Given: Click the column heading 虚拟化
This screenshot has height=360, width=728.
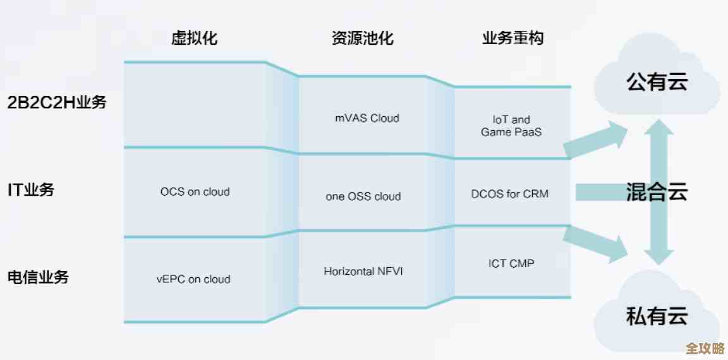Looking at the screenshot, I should pyautogui.click(x=195, y=38).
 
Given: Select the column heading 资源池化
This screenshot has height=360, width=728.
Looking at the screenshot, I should pyautogui.click(x=362, y=38).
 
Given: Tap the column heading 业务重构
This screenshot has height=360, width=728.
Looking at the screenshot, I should pyautogui.click(x=513, y=38).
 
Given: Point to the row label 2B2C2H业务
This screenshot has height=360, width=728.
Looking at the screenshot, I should pyautogui.click(x=57, y=102).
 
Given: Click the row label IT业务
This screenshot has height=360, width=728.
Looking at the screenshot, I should pyautogui.click(x=31, y=189).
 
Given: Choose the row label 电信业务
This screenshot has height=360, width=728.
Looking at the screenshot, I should pyautogui.click(x=38, y=277).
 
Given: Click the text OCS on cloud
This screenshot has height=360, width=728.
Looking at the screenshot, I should pyautogui.click(x=195, y=191).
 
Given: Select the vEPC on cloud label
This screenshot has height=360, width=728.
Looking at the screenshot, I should pyautogui.click(x=193, y=279).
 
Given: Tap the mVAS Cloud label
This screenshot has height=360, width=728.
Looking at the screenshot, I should pyautogui.click(x=367, y=118).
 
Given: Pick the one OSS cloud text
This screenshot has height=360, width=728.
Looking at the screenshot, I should pyautogui.click(x=363, y=196).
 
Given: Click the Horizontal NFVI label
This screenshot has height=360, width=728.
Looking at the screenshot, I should pyautogui.click(x=363, y=272).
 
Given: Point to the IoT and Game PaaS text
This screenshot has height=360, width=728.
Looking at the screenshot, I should pyautogui.click(x=511, y=126).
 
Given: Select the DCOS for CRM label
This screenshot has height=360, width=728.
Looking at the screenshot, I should pyautogui.click(x=510, y=194).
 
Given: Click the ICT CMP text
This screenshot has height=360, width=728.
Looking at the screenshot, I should pyautogui.click(x=511, y=263).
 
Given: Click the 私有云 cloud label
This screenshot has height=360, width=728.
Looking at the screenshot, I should pyautogui.click(x=657, y=316).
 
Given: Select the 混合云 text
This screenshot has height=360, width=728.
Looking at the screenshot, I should pyautogui.click(x=657, y=191).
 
